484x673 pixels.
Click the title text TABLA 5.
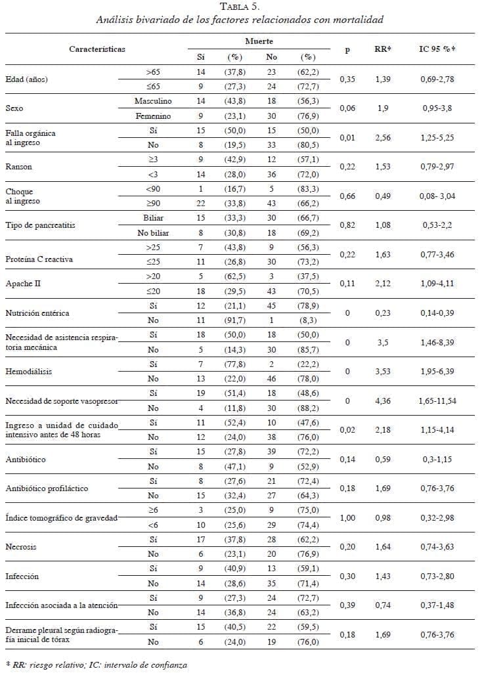(240, 7)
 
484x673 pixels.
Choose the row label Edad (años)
(30, 79)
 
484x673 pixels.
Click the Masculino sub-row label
(153, 101)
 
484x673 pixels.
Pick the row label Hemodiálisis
(29, 371)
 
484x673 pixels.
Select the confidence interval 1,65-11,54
(438, 401)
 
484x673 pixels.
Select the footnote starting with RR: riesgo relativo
(96, 665)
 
